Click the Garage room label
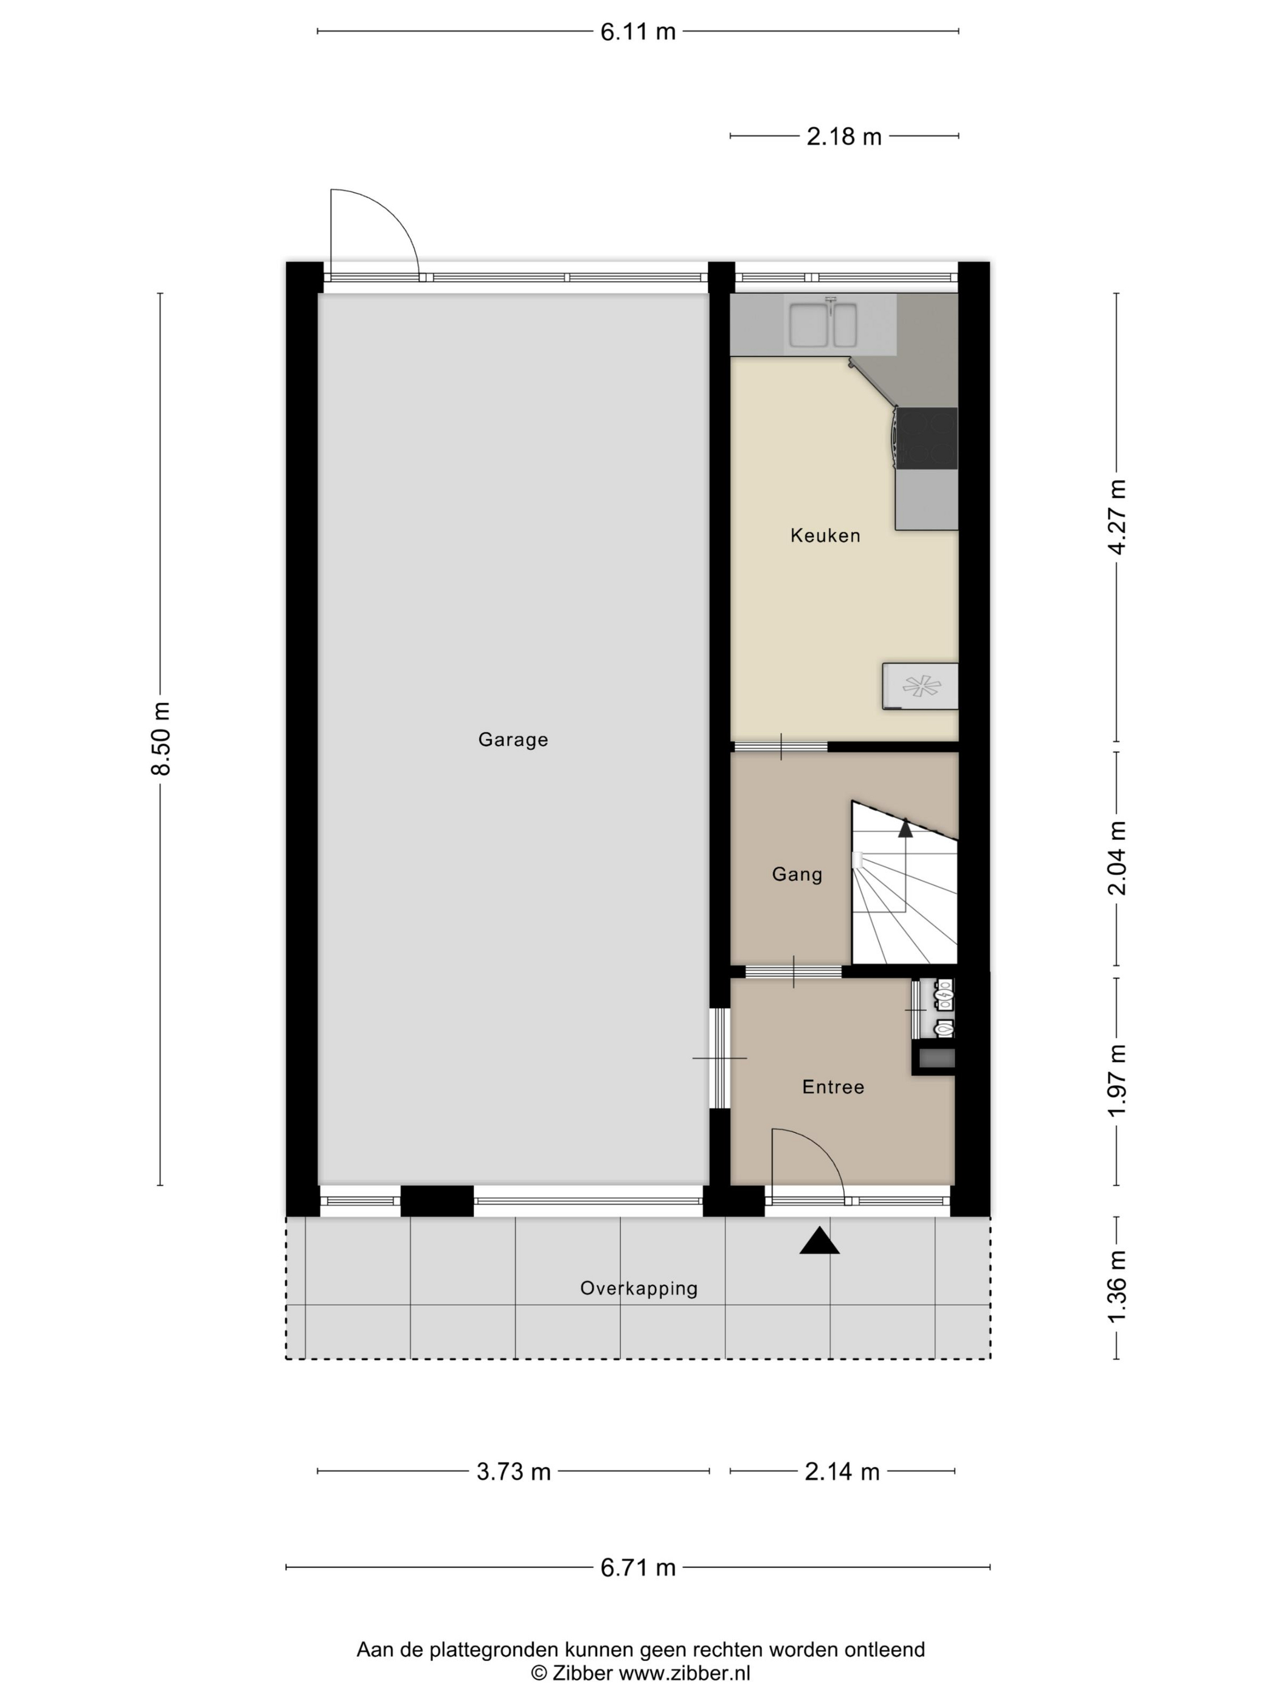[x=513, y=739]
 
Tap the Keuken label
[x=825, y=536]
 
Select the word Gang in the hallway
[x=797, y=874]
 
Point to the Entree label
[x=833, y=1087]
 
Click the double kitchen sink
[x=822, y=325]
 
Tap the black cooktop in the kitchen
[x=927, y=438]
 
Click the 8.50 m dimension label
[x=161, y=738]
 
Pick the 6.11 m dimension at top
[x=637, y=32]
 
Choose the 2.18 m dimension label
[x=843, y=136]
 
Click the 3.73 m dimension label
[x=513, y=1472]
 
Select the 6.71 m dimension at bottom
[x=637, y=1567]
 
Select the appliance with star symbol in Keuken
[x=921, y=685]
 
